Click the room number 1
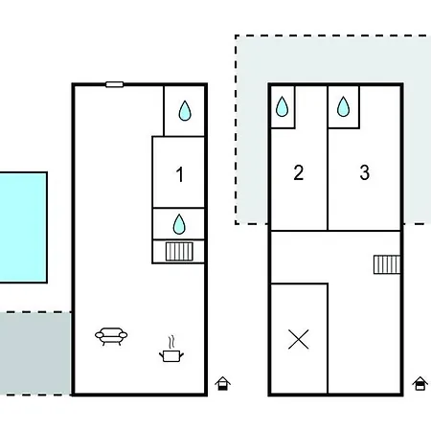click(180, 174)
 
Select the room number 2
click(299, 172)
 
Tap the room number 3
click(365, 172)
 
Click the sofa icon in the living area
click(111, 336)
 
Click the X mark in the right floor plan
click(299, 339)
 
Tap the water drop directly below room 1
click(179, 224)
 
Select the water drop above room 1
click(185, 111)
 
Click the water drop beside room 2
click(282, 106)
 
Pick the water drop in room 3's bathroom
click(343, 106)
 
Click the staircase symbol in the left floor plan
click(179, 252)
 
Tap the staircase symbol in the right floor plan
click(387, 264)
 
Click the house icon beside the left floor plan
click(223, 383)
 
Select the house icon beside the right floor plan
click(420, 383)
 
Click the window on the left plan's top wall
click(115, 84)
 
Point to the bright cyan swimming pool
click(23, 228)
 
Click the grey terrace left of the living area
click(35, 353)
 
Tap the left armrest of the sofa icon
click(100, 335)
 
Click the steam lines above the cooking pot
click(172, 342)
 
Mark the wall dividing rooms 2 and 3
click(328, 158)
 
